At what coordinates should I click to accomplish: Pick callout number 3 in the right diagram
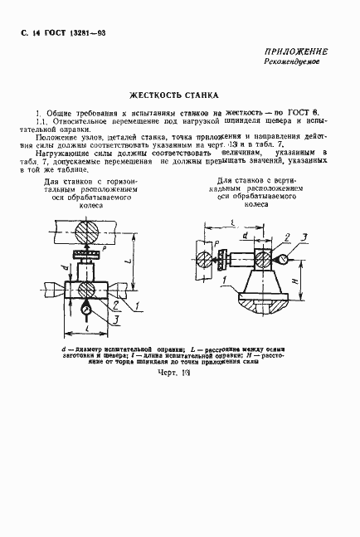click(x=304, y=238)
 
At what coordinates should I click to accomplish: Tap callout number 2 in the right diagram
click(x=285, y=238)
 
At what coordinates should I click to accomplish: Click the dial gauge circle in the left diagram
click(x=89, y=310)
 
